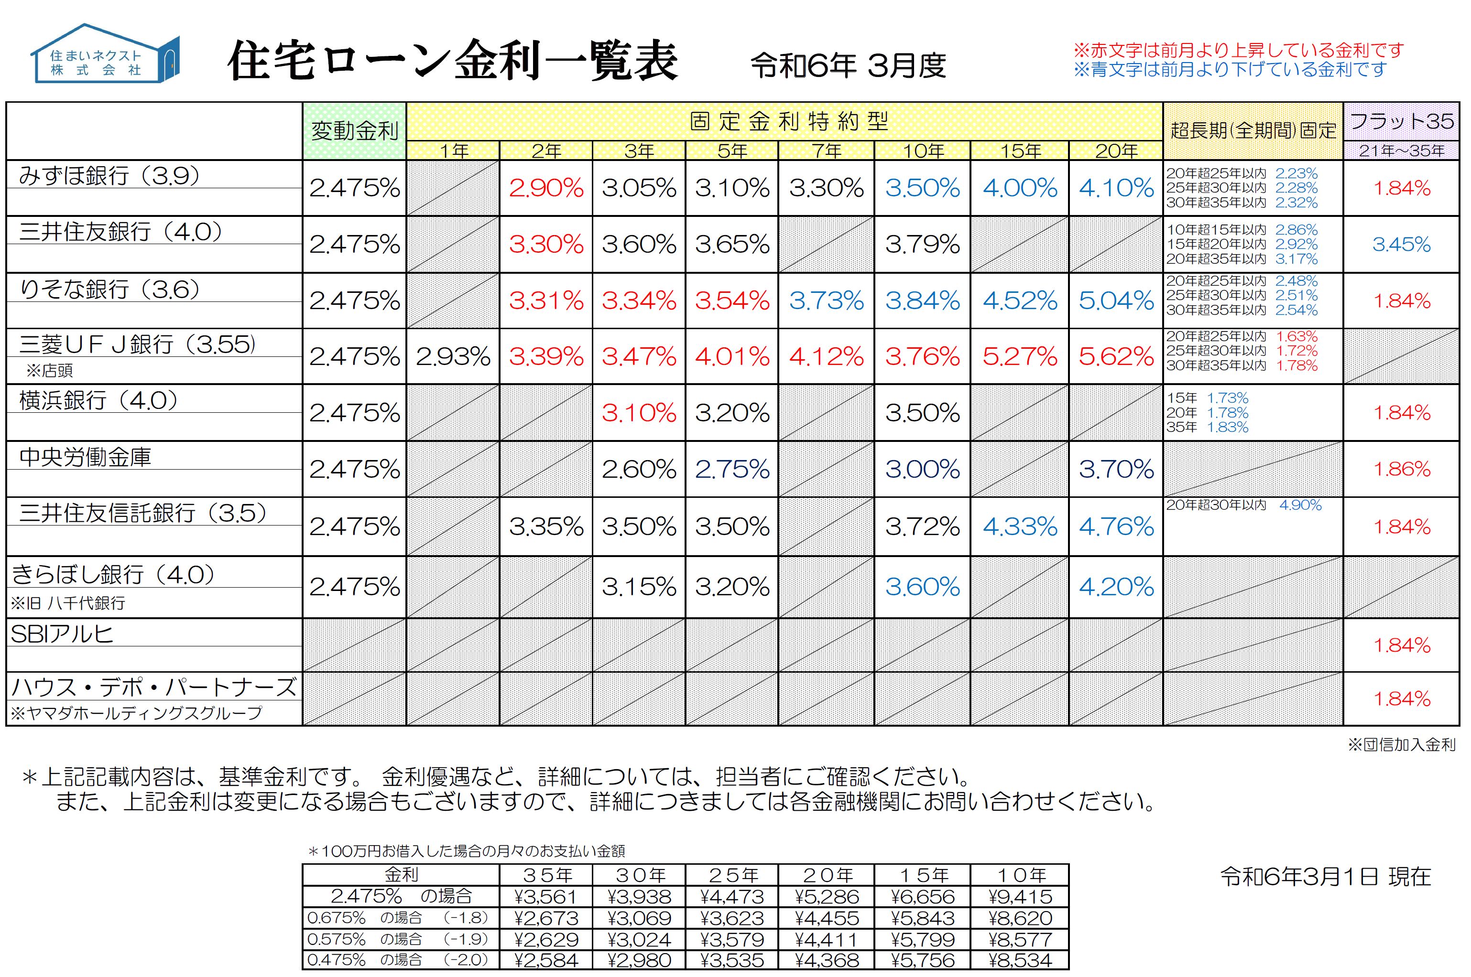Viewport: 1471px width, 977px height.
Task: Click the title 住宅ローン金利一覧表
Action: click(453, 61)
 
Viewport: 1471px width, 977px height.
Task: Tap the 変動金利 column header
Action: click(354, 131)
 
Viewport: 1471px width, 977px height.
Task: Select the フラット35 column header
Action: click(1401, 121)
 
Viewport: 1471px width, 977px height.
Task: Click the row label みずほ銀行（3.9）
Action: click(109, 176)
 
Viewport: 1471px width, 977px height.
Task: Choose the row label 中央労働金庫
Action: click(86, 457)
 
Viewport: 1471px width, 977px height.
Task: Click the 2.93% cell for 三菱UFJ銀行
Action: click(453, 356)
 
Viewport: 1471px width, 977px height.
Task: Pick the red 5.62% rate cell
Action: click(1116, 356)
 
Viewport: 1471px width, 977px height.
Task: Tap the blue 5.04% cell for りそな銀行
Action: click(1116, 301)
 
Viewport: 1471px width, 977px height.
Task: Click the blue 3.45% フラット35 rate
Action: click(1401, 244)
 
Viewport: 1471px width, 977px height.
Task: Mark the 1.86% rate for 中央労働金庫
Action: click(1401, 469)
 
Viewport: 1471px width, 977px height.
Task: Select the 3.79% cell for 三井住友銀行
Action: click(923, 244)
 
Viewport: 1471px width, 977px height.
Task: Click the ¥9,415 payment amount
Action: click(1020, 897)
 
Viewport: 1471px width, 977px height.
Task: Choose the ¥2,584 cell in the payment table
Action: click(546, 960)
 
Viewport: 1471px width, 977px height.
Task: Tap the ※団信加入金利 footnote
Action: click(1401, 745)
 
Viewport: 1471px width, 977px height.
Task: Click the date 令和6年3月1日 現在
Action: click(1325, 877)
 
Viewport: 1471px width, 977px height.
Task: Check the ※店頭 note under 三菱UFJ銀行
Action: click(49, 371)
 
